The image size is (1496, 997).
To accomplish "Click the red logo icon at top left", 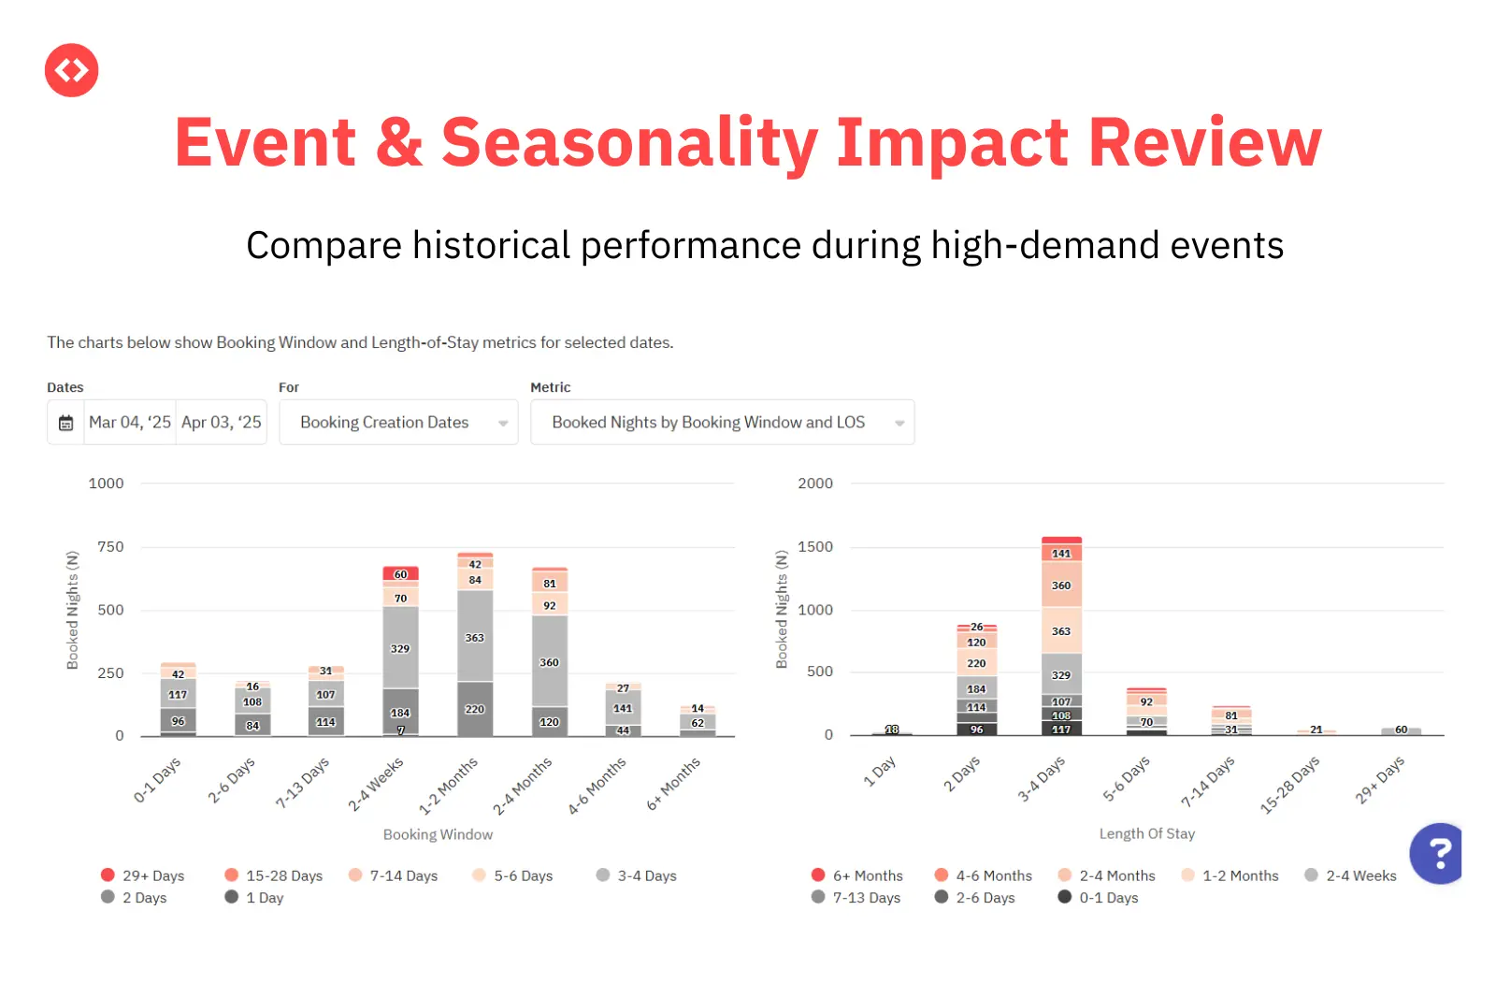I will (71, 70).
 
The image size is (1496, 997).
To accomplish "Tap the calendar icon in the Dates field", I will (65, 423).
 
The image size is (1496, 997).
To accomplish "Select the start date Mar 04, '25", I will (130, 423).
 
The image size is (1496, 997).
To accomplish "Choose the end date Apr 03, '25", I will (222, 423).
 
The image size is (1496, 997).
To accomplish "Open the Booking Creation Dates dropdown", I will (398, 423).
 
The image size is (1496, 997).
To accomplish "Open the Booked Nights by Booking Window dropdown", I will (722, 423).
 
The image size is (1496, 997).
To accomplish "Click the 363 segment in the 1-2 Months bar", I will (475, 637).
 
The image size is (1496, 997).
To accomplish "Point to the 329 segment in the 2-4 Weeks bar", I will (400, 647).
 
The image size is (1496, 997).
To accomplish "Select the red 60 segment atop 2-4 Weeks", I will (400, 574).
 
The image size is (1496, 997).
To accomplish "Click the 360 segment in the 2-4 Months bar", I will (550, 661).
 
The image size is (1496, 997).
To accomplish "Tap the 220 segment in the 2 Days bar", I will (976, 662).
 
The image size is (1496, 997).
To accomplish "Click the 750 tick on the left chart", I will (110, 547).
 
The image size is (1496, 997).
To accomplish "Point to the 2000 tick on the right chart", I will (814, 484).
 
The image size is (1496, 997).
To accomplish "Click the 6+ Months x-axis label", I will (674, 784).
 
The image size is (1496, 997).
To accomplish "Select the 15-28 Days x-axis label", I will (1290, 784).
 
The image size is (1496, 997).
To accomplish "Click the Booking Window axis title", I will (438, 834).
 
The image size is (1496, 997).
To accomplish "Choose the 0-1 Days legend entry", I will (1099, 898).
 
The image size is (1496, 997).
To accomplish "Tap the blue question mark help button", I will (1438, 853).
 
